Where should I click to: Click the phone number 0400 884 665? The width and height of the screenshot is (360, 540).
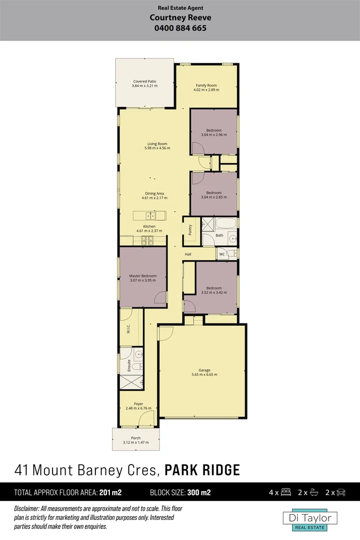point(181,28)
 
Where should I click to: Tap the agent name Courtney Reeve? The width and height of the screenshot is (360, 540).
point(180,18)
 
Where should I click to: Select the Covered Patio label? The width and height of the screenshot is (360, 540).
point(144,81)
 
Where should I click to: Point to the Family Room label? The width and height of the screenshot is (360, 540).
point(206,85)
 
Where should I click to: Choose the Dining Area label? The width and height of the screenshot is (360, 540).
point(154,193)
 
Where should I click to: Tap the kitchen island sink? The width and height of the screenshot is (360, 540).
point(149,216)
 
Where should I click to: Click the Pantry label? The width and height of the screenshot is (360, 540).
point(190,229)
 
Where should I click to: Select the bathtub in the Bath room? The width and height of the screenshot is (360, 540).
point(225,223)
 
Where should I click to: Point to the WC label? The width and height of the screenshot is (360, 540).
point(221,254)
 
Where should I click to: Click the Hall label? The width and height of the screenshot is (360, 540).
point(188,254)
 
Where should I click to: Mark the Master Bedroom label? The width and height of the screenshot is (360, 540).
point(142,276)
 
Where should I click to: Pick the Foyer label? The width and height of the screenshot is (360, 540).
point(138,403)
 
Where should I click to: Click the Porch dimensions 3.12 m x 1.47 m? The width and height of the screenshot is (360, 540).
point(136,442)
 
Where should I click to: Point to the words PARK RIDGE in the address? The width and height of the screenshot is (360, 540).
point(202,470)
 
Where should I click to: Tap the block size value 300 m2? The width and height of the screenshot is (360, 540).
point(199,492)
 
